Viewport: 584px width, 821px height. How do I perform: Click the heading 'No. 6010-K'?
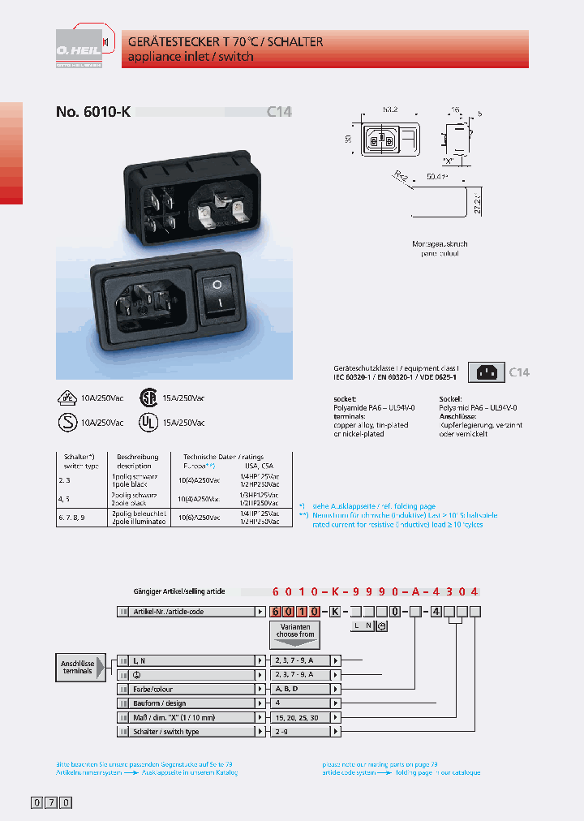93,113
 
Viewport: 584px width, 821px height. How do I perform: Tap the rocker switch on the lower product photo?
217,294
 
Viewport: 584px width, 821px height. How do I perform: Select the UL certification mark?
148,422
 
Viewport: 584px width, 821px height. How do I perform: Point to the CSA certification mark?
148,398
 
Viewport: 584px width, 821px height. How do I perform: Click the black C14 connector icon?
487,372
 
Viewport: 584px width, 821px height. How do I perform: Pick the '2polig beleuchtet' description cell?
131,516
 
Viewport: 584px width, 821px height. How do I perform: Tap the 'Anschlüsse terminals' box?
78,667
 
